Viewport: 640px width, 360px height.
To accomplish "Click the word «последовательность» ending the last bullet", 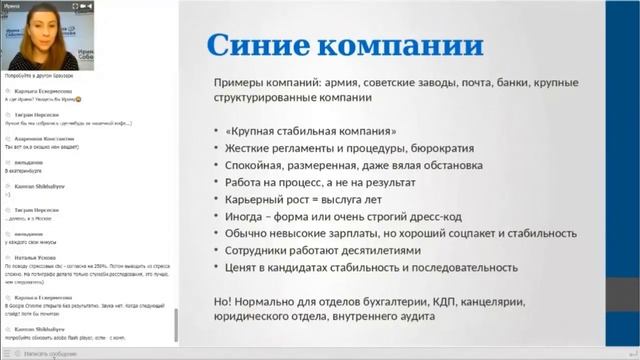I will tap(458, 268).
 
